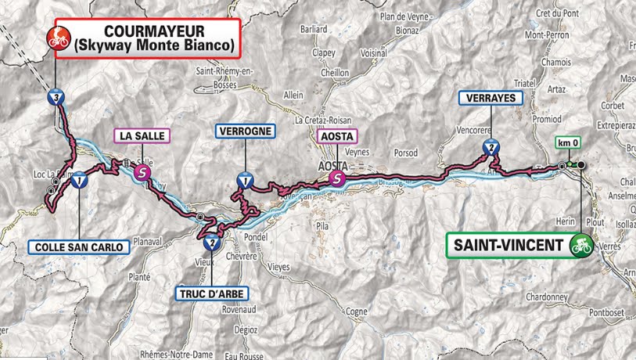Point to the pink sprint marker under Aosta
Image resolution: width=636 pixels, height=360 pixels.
pyautogui.click(x=336, y=178)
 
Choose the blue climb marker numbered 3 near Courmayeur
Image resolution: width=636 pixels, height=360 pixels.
pyautogui.click(x=56, y=97)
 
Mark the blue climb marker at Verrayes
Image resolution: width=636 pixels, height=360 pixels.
pyautogui.click(x=490, y=146)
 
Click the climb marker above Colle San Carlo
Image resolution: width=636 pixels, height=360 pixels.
pyautogui.click(x=79, y=181)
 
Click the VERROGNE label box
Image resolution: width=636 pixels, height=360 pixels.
pyautogui.click(x=246, y=132)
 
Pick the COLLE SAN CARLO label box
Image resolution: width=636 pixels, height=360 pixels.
pyautogui.click(x=79, y=247)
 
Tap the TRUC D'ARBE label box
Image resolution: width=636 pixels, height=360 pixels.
pyautogui.click(x=210, y=294)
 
